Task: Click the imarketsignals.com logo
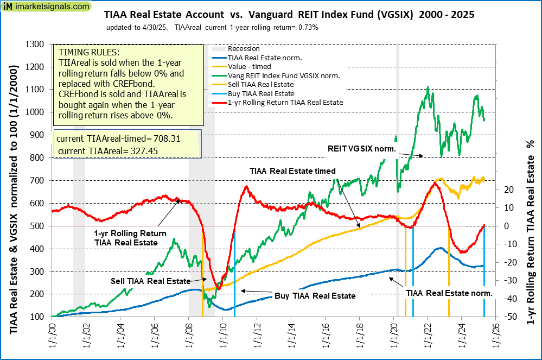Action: (46, 7)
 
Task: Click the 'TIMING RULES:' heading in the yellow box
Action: (88, 53)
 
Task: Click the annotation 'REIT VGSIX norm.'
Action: (360, 148)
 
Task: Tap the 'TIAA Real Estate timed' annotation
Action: (293, 170)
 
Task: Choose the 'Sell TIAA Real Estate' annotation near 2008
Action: (151, 281)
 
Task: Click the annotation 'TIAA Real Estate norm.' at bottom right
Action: (449, 293)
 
